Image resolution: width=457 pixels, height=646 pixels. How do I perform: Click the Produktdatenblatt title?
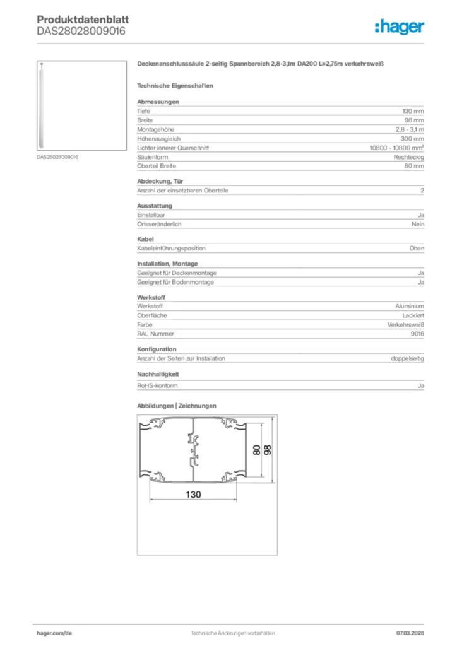pos(83,20)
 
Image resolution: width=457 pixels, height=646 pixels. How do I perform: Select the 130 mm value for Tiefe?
pos(413,111)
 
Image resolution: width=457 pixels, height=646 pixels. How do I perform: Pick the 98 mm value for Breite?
pos(415,120)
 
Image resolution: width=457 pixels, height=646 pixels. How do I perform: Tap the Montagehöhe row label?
pos(152,129)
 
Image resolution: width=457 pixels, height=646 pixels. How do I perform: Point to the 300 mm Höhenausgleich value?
pos(413,139)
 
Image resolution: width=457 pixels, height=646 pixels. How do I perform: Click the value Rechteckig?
pos(409,157)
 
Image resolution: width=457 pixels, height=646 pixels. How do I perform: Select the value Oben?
pos(417,249)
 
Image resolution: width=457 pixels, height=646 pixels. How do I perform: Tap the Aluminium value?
pos(410,306)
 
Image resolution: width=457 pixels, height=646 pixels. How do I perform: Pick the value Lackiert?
pos(413,315)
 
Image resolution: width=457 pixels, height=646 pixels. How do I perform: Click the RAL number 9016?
pos(417,334)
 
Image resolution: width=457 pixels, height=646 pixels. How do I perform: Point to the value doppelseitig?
pos(408,358)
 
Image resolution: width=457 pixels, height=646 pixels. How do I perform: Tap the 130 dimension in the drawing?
pos(193,495)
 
